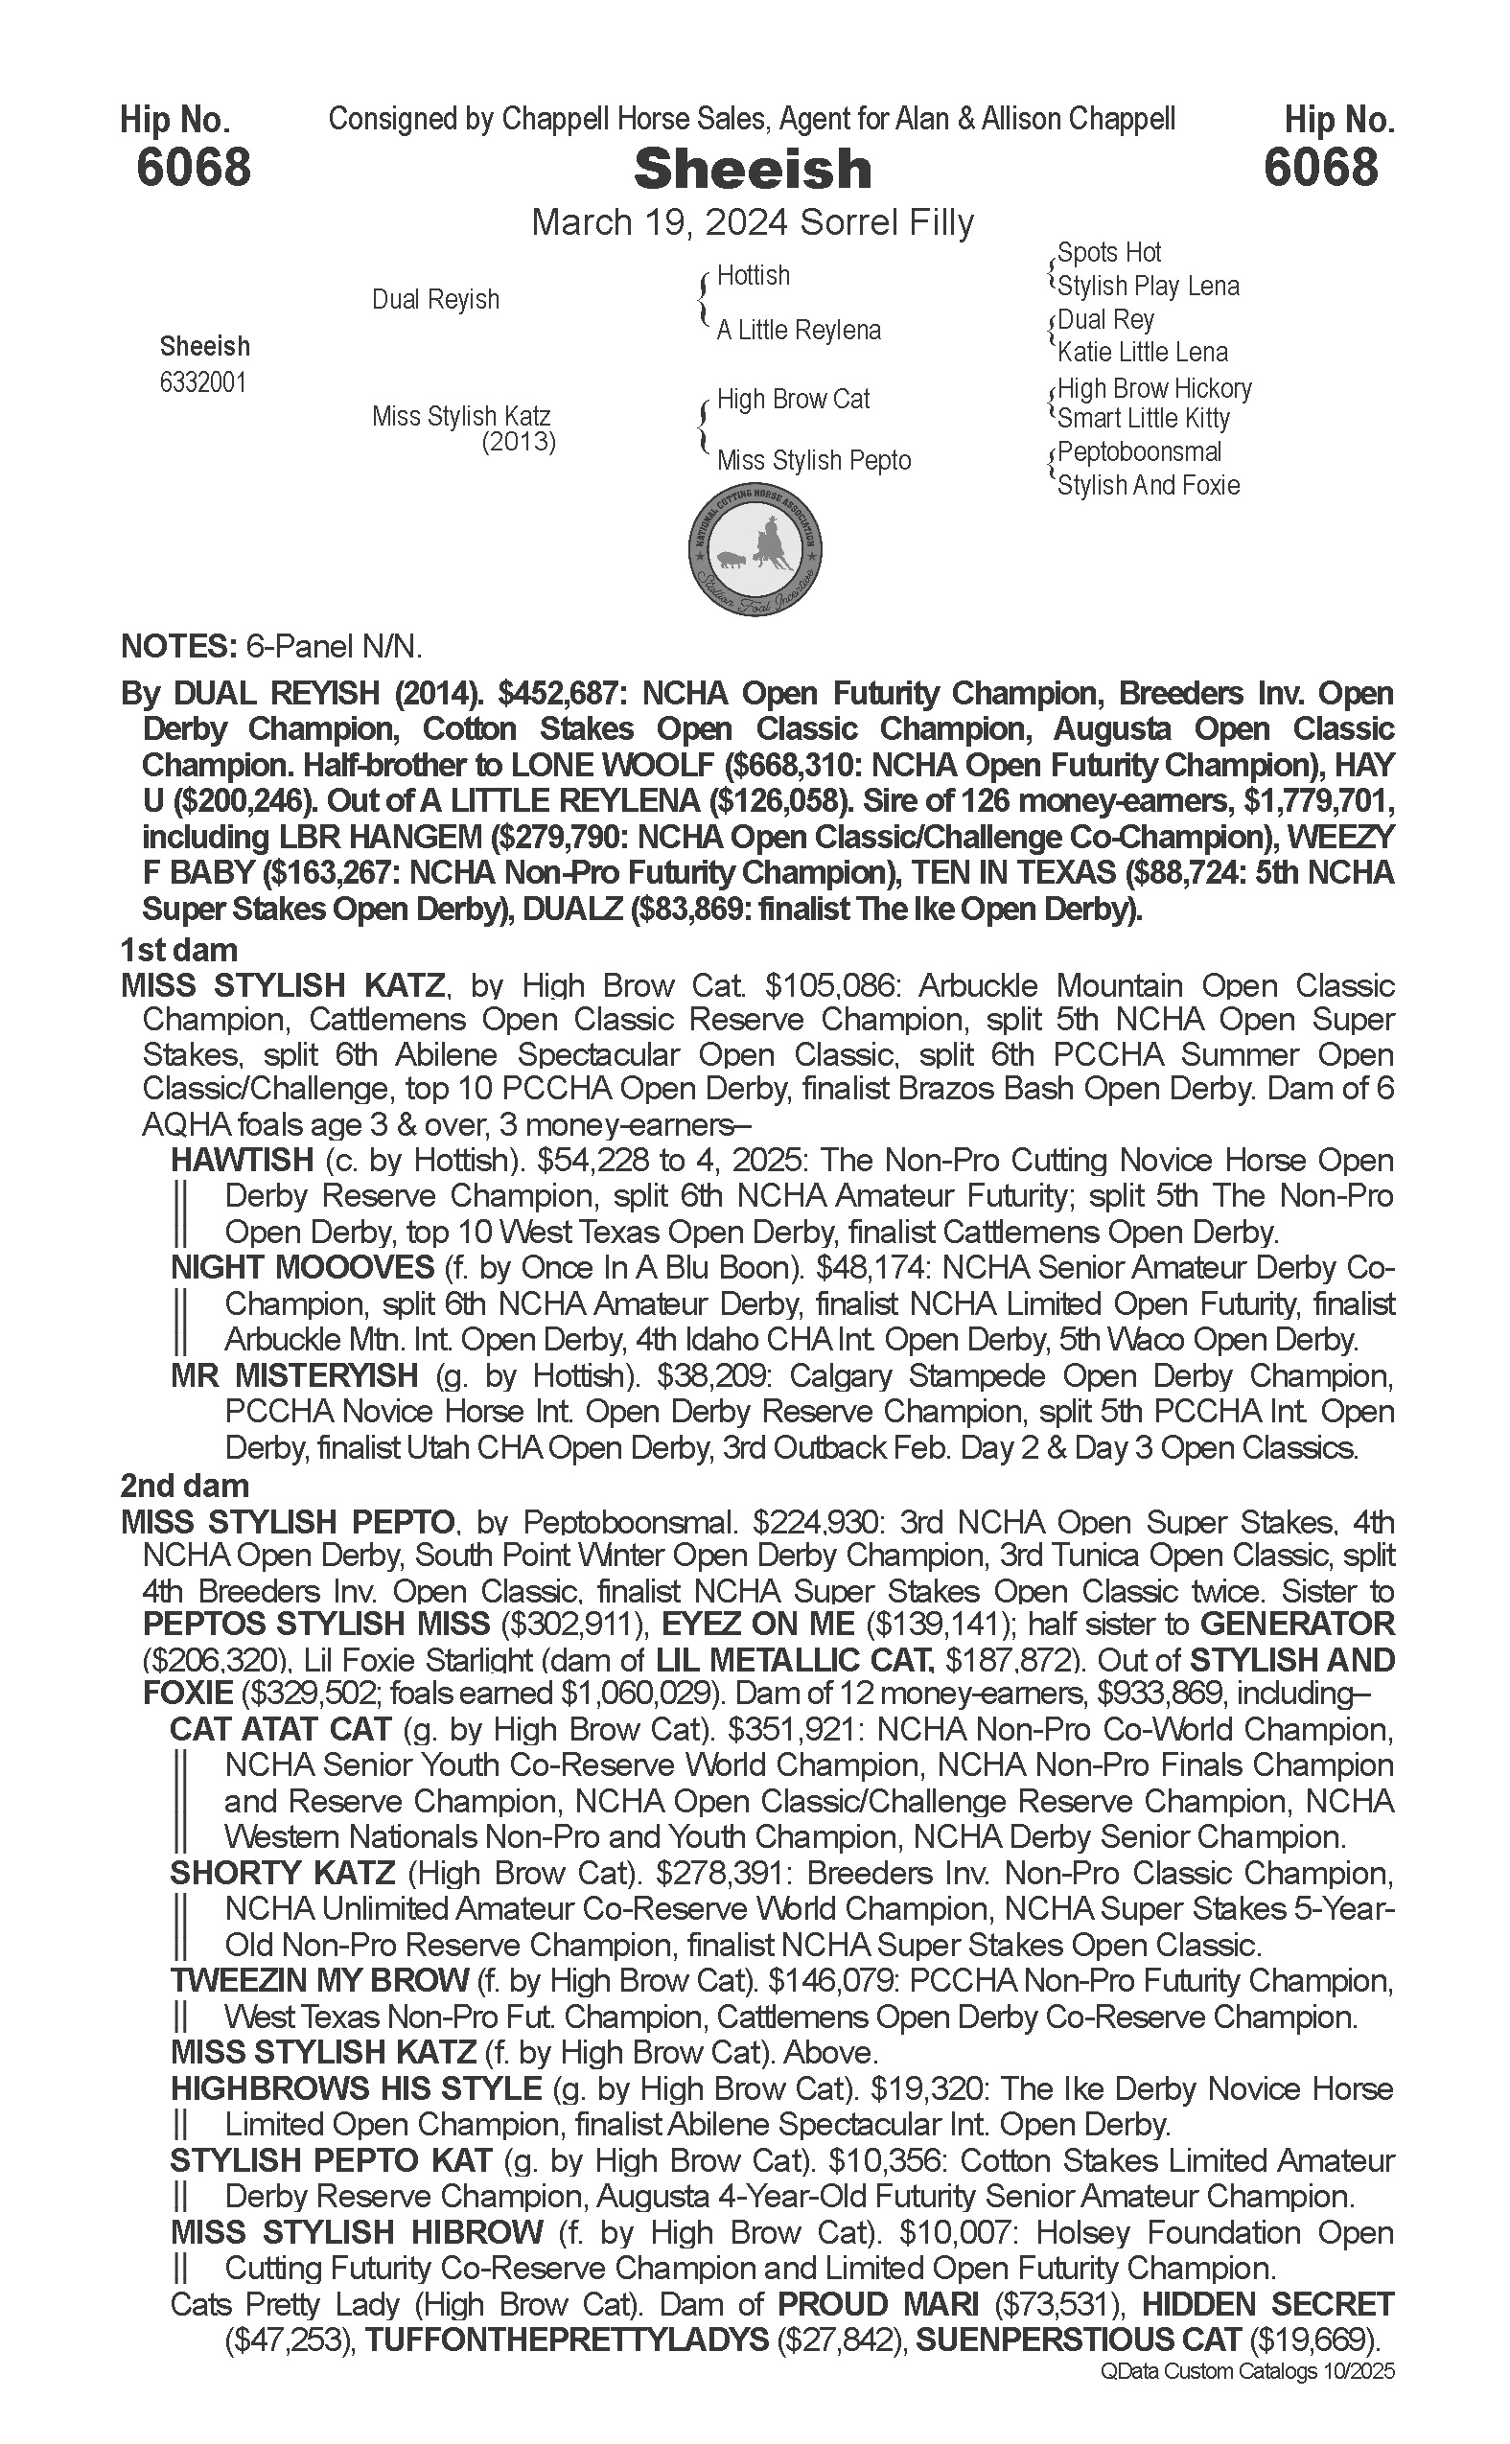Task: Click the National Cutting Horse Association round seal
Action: point(755,551)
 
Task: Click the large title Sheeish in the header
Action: point(753,169)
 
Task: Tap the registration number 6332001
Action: point(202,383)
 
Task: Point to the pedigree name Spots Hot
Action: point(1108,253)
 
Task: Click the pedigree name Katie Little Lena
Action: point(1143,352)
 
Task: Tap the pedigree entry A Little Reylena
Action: point(798,331)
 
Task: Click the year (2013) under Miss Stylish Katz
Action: point(519,441)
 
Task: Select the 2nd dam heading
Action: point(184,1486)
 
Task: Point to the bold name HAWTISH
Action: point(243,1160)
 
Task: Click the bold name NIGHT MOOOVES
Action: point(303,1268)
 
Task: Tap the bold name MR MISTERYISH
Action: point(294,1375)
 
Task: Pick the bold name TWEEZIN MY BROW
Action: point(319,1981)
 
